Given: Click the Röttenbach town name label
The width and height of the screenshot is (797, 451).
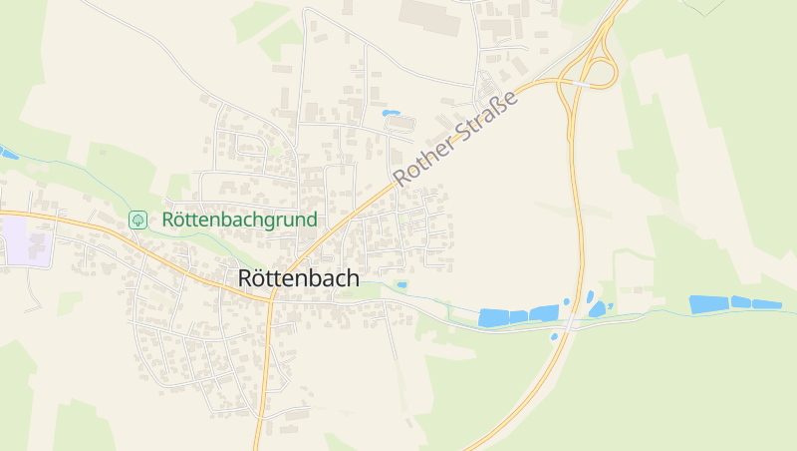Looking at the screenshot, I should click(x=299, y=279).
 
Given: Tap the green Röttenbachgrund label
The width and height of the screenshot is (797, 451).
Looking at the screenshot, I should click(x=239, y=220).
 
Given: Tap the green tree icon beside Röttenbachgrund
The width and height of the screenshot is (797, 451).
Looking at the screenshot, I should click(x=138, y=220).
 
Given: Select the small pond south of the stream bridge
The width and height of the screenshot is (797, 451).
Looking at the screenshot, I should click(x=555, y=336).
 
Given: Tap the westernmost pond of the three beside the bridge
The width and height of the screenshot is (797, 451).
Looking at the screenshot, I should click(x=494, y=317).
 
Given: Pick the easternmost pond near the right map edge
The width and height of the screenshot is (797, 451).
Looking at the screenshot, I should click(x=767, y=304).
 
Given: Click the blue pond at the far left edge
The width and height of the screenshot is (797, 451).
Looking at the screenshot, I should click(x=7, y=153).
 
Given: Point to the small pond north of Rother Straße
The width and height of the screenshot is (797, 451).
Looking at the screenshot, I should click(x=391, y=113).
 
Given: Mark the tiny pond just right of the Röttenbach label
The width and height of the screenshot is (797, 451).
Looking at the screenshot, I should click(x=401, y=285).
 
